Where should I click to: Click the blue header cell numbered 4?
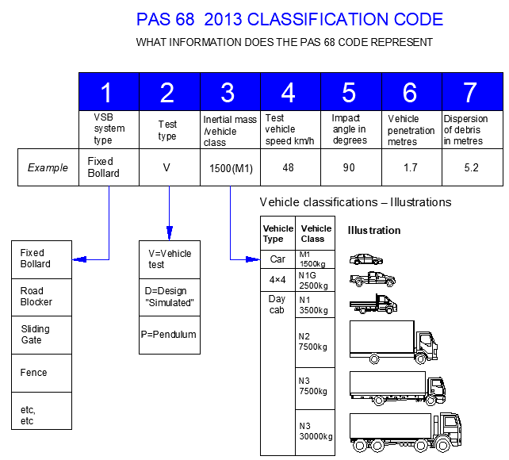coord(289,92)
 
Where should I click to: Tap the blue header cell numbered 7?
coord(471,92)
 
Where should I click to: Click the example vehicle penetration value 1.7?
coord(410,167)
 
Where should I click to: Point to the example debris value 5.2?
coord(471,167)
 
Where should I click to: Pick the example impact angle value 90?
coord(350,167)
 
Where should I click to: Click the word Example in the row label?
coord(48,167)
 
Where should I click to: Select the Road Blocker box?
coord(41,297)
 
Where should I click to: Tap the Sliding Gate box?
coord(41,334)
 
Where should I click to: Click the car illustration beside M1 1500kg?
coord(367,259)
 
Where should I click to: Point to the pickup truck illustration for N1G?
coord(373,278)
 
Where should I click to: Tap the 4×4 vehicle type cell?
coord(278,279)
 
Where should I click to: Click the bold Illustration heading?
coord(374,231)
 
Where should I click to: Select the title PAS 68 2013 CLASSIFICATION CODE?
coord(289,19)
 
